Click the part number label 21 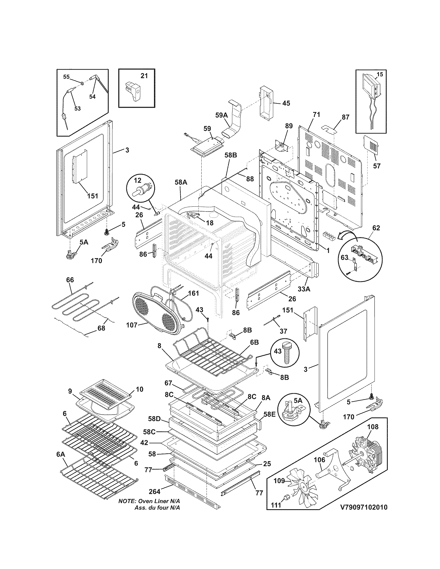click(x=144, y=76)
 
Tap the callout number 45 click(x=286, y=103)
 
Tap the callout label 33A click(x=304, y=289)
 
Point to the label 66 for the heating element click(x=70, y=280)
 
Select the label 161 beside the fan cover click(x=193, y=293)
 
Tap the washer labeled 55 click(x=82, y=84)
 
